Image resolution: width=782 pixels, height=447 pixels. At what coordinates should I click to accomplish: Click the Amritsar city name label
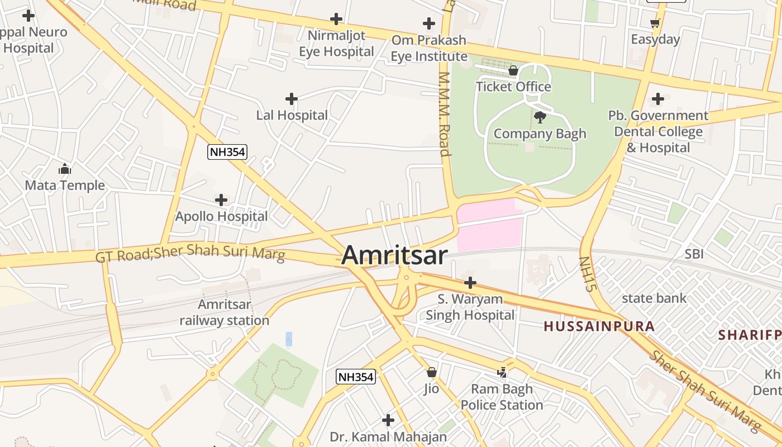(394, 255)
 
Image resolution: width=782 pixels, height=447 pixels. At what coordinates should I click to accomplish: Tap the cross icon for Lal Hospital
(291, 99)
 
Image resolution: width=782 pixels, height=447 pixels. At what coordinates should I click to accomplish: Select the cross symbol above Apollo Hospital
(221, 200)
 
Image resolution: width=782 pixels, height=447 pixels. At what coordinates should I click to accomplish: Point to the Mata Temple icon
(65, 169)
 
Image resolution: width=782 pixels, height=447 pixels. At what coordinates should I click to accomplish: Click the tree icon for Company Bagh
(540, 117)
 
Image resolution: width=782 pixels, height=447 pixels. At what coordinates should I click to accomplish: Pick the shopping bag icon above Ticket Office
(513, 70)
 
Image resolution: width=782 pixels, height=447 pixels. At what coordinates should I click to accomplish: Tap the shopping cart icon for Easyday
(655, 23)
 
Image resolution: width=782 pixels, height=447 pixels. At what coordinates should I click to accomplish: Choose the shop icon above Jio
(431, 372)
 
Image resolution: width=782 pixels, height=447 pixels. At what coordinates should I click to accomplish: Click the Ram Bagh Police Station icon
(502, 372)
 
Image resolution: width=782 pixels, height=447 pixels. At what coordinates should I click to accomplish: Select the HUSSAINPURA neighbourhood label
(599, 326)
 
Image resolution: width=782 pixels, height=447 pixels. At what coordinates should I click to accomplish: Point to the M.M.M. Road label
(445, 114)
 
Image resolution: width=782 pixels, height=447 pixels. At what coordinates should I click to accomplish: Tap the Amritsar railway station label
(224, 312)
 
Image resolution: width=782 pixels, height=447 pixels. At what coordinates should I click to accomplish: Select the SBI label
(694, 254)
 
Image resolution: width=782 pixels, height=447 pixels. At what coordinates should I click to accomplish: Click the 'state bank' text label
(654, 298)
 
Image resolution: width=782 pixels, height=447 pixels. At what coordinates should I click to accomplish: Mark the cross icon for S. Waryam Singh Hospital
(470, 283)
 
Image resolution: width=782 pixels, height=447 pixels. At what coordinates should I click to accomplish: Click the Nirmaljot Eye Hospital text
(336, 44)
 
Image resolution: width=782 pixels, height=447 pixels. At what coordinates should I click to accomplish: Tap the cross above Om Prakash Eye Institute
(428, 23)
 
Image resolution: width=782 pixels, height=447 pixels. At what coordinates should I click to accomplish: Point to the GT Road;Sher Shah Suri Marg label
(190, 253)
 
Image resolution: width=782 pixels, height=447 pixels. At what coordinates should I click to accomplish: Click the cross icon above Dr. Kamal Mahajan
(388, 420)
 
